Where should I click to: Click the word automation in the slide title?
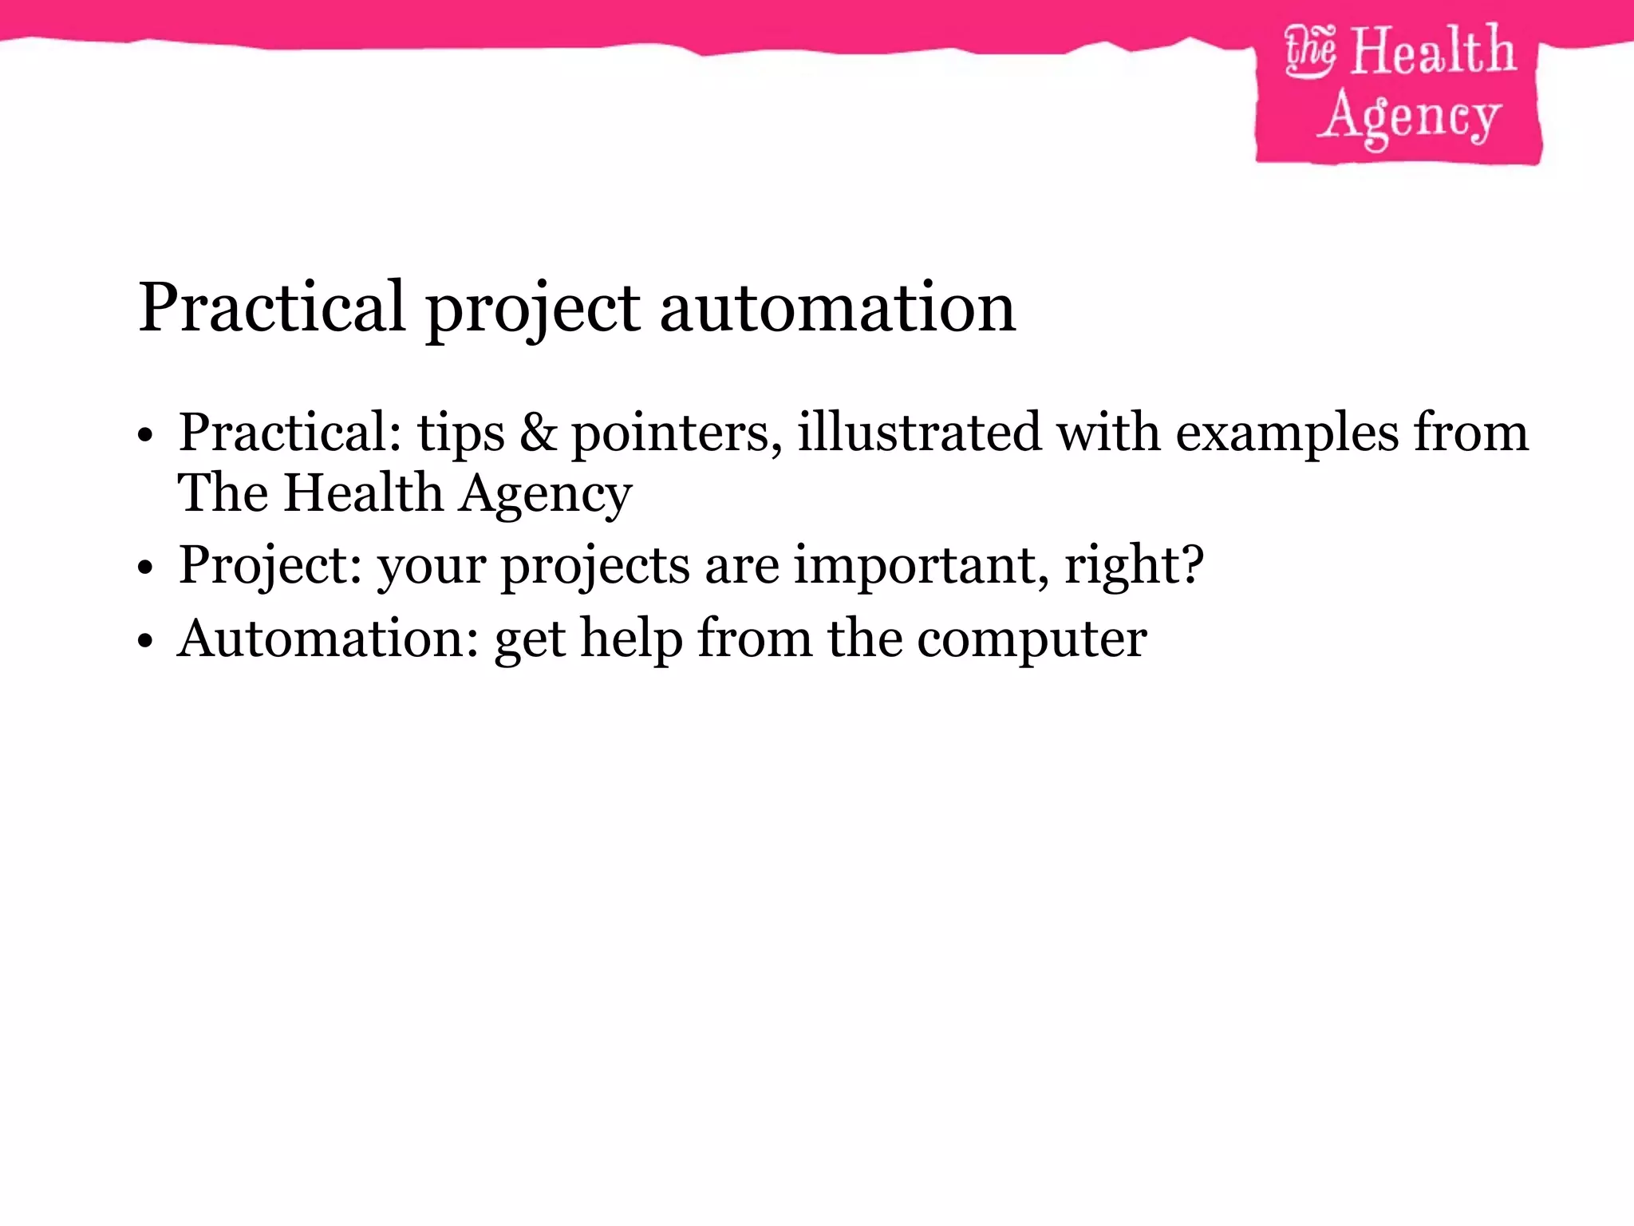(838, 308)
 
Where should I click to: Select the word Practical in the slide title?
(271, 308)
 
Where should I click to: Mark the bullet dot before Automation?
(144, 641)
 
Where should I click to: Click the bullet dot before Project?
(144, 568)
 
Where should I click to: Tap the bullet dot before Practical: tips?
(144, 435)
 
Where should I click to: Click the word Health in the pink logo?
(1433, 51)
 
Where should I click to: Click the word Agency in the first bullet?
(546, 494)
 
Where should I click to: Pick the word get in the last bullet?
(530, 641)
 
